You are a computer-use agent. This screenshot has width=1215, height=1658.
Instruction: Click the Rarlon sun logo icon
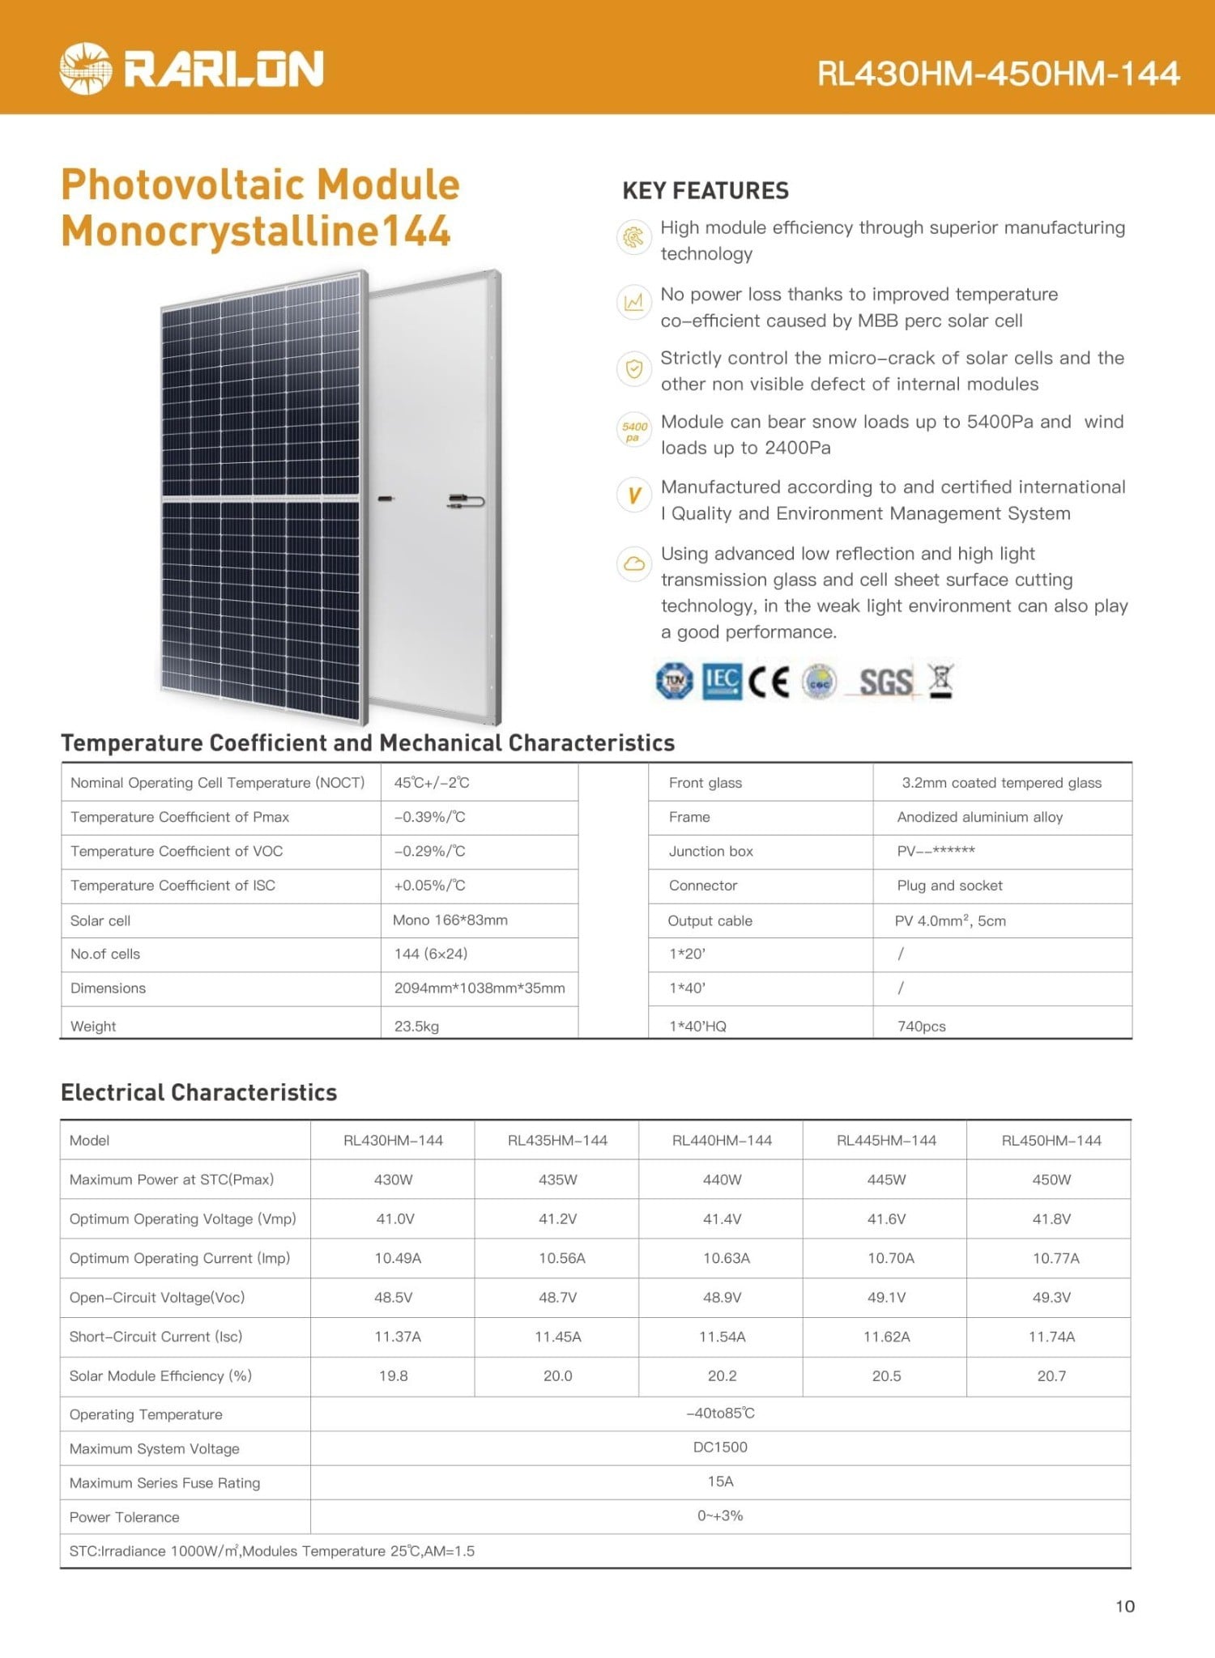pyautogui.click(x=85, y=68)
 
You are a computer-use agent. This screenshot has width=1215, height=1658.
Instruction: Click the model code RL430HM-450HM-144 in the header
pyautogui.click(x=998, y=74)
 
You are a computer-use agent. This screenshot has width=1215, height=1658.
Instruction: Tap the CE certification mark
pyautogui.click(x=768, y=682)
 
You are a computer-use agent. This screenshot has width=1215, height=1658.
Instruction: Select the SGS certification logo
pyautogui.click(x=885, y=682)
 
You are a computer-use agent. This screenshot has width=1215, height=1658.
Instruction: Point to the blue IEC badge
pyautogui.click(x=721, y=682)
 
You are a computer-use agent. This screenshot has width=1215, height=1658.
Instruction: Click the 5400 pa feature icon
pyautogui.click(x=634, y=432)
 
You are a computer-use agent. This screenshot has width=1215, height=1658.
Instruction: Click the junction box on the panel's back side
pyautogui.click(x=466, y=502)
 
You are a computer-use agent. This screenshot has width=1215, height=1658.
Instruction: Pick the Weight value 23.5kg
pyautogui.click(x=416, y=1026)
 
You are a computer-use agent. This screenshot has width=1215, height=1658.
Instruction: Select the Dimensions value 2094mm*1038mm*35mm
pyautogui.click(x=480, y=988)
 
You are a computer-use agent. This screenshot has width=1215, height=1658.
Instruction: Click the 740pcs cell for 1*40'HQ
pyautogui.click(x=921, y=1026)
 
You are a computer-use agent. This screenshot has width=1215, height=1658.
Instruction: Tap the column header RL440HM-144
pyautogui.click(x=722, y=1140)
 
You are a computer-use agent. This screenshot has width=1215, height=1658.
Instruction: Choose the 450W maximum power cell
pyautogui.click(x=1051, y=1180)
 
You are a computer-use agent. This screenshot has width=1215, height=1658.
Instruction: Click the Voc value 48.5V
pyautogui.click(x=394, y=1297)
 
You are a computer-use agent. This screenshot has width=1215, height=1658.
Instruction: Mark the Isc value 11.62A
pyautogui.click(x=886, y=1337)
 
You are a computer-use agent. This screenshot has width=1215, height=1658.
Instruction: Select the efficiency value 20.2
pyautogui.click(x=722, y=1375)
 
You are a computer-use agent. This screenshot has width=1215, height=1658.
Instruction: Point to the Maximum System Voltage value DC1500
pyautogui.click(x=720, y=1447)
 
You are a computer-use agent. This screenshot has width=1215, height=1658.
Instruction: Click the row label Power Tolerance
pyautogui.click(x=125, y=1517)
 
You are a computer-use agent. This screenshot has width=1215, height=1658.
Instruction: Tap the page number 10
pyautogui.click(x=1125, y=1606)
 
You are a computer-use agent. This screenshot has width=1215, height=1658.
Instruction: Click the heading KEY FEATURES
pyautogui.click(x=705, y=191)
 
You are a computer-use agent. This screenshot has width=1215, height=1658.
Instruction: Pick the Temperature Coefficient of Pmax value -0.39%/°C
pyautogui.click(x=429, y=817)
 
